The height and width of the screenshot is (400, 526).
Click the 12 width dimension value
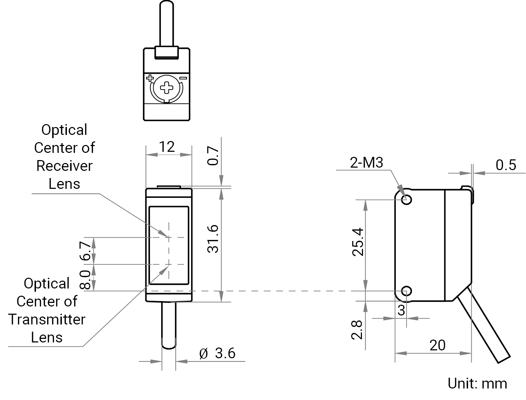(167, 147)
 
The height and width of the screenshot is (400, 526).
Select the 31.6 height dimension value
(213, 239)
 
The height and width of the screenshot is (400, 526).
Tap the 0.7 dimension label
(213, 156)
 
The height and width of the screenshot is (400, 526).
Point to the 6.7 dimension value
(85, 251)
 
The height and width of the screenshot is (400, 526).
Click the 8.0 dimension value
(85, 280)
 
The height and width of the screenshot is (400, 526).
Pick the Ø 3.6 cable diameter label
(217, 353)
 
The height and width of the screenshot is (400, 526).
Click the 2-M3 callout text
(366, 163)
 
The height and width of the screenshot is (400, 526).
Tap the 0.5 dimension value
(505, 165)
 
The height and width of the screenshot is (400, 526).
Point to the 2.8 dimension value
(357, 330)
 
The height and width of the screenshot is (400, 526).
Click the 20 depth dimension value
(437, 345)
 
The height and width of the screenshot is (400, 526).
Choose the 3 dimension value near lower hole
(401, 310)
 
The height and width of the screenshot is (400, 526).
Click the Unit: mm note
(477, 383)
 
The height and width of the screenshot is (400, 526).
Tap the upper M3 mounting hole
(406, 200)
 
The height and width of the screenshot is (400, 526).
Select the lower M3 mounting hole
(406, 291)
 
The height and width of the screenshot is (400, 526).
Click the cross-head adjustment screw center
(166, 88)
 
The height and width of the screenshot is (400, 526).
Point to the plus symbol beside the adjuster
(150, 78)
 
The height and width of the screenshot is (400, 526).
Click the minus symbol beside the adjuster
(183, 78)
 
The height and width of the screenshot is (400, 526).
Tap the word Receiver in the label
(64, 166)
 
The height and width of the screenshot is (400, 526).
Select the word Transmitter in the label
(47, 319)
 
